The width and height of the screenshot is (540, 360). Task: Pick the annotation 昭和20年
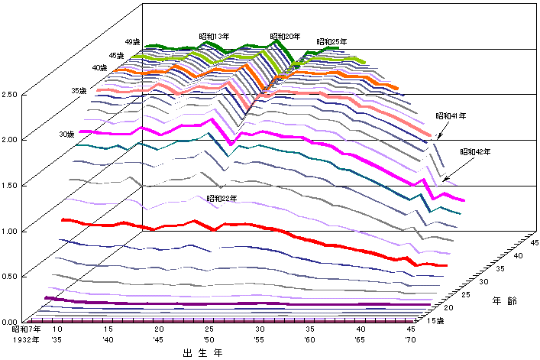pyautogui.click(x=286, y=36)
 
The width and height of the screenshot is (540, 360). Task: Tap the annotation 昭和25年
pyautogui.click(x=332, y=41)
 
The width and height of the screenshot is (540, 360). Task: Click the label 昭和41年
pyautogui.click(x=451, y=115)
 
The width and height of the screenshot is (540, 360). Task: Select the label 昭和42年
pyautogui.click(x=474, y=152)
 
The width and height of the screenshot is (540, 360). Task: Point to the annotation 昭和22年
pyautogui.click(x=221, y=198)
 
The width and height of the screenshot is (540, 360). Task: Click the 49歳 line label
pyautogui.click(x=132, y=42)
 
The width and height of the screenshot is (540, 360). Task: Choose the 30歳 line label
pyautogui.click(x=66, y=135)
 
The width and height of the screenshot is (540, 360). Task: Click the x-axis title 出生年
pyautogui.click(x=197, y=353)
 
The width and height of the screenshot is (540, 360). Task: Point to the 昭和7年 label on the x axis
pyautogui.click(x=27, y=328)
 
